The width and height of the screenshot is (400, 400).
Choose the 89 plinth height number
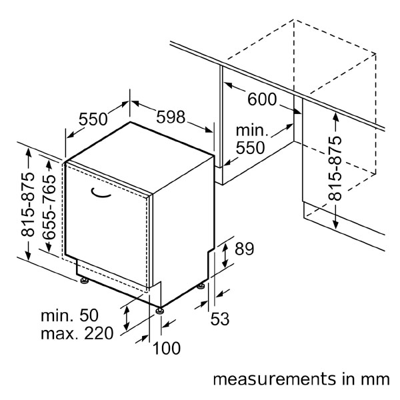click(x=245, y=250)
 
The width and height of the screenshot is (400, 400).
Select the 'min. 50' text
click(x=69, y=314)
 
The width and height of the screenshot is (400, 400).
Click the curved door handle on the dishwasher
click(x=101, y=194)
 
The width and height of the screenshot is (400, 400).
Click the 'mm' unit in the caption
click(x=375, y=379)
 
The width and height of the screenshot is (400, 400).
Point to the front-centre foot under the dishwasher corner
click(x=159, y=310)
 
